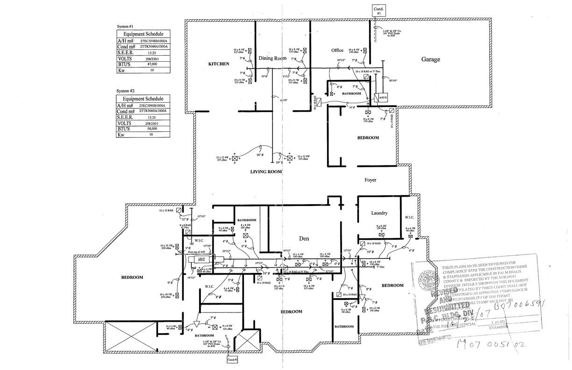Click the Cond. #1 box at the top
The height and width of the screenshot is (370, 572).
379,11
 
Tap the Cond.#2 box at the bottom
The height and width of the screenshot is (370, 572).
232,360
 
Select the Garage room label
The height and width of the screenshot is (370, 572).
430,59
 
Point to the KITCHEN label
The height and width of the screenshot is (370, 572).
219,64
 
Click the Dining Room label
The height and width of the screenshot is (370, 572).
272,58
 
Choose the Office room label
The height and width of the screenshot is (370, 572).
337,50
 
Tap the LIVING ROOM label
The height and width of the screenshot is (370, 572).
266,172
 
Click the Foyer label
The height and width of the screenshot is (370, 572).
370,180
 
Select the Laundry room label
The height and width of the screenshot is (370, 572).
379,213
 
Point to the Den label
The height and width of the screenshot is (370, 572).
304,239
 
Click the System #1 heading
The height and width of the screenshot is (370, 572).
125,27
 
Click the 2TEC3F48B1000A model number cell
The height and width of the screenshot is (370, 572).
154,41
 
